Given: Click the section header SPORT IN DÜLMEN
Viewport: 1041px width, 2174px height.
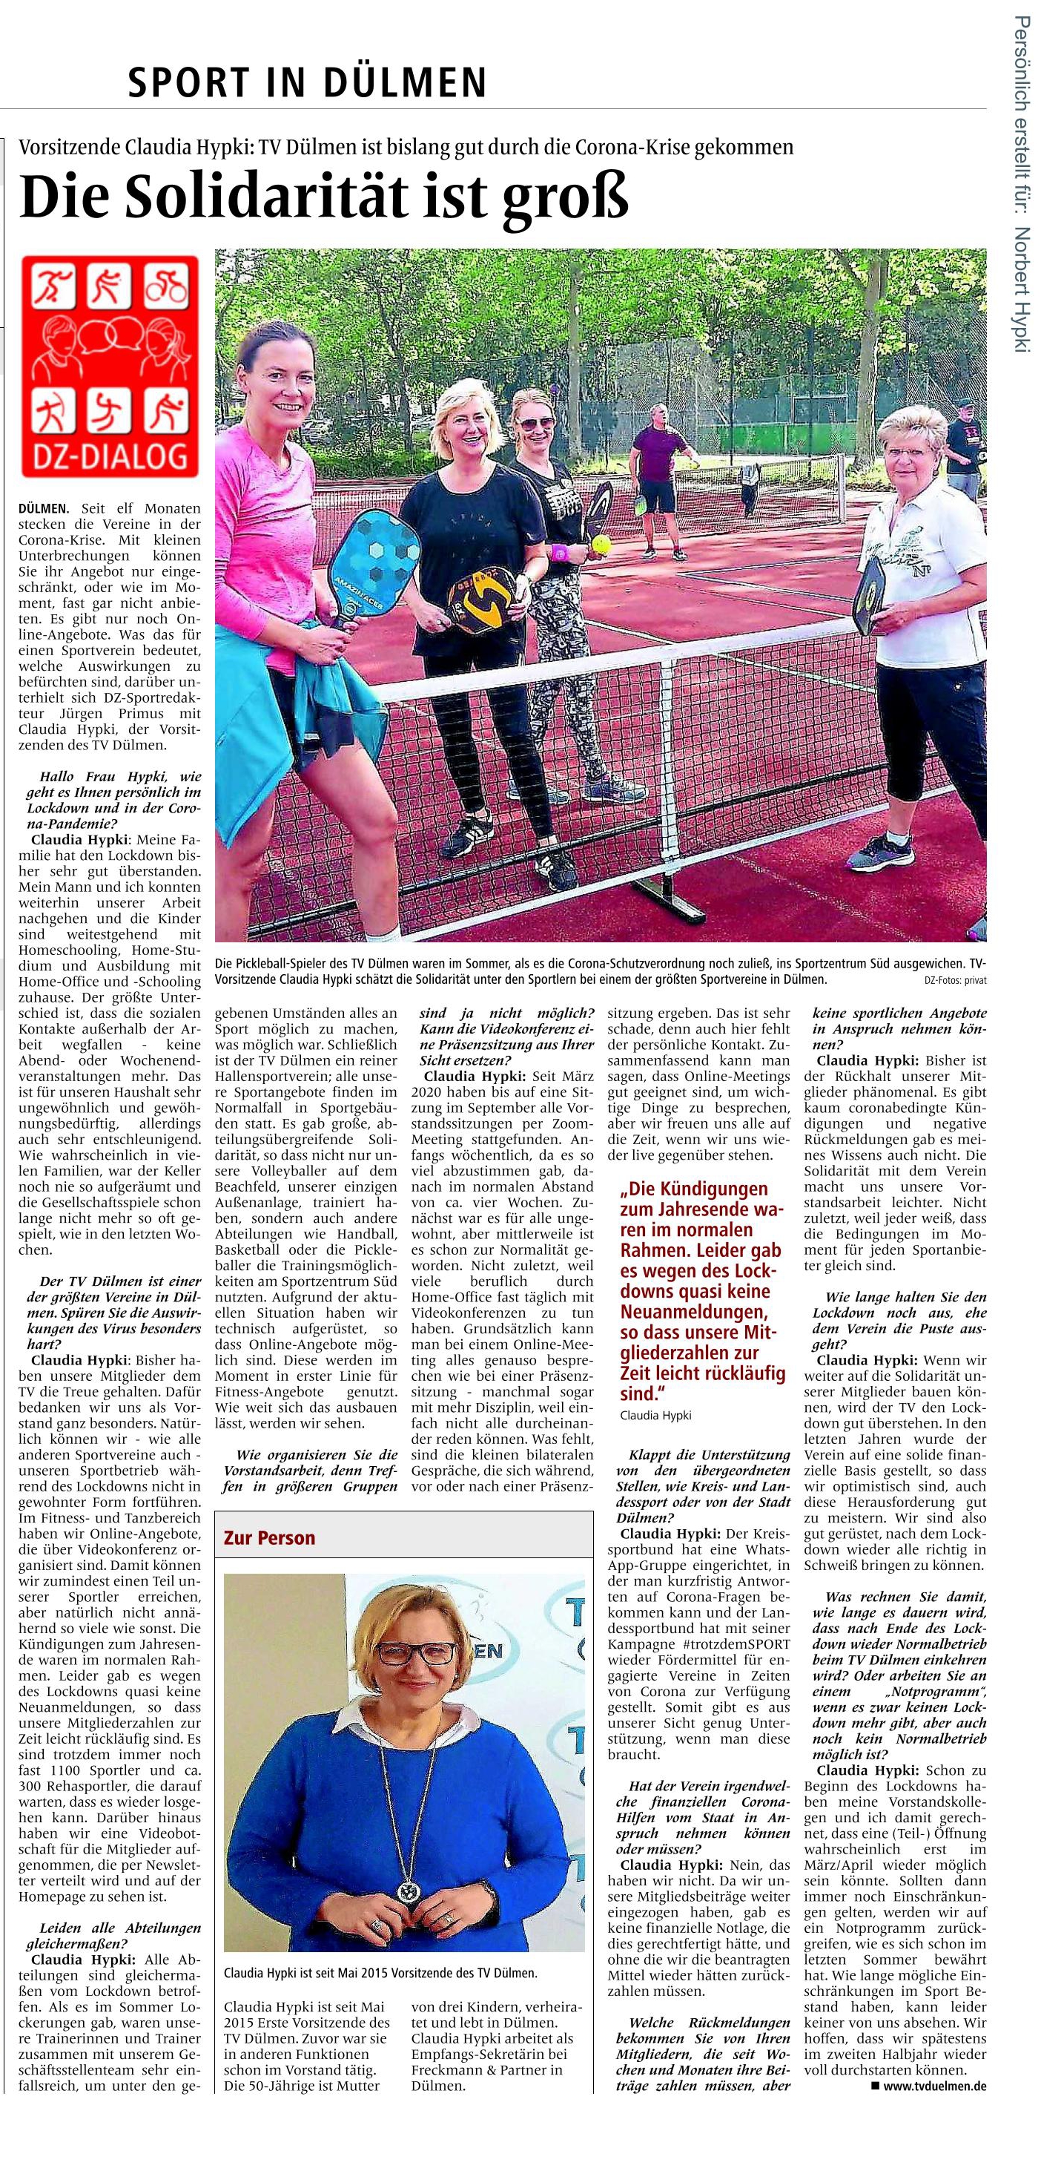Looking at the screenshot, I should tap(307, 82).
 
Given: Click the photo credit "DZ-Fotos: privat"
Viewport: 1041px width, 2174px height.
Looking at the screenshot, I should tap(955, 981).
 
